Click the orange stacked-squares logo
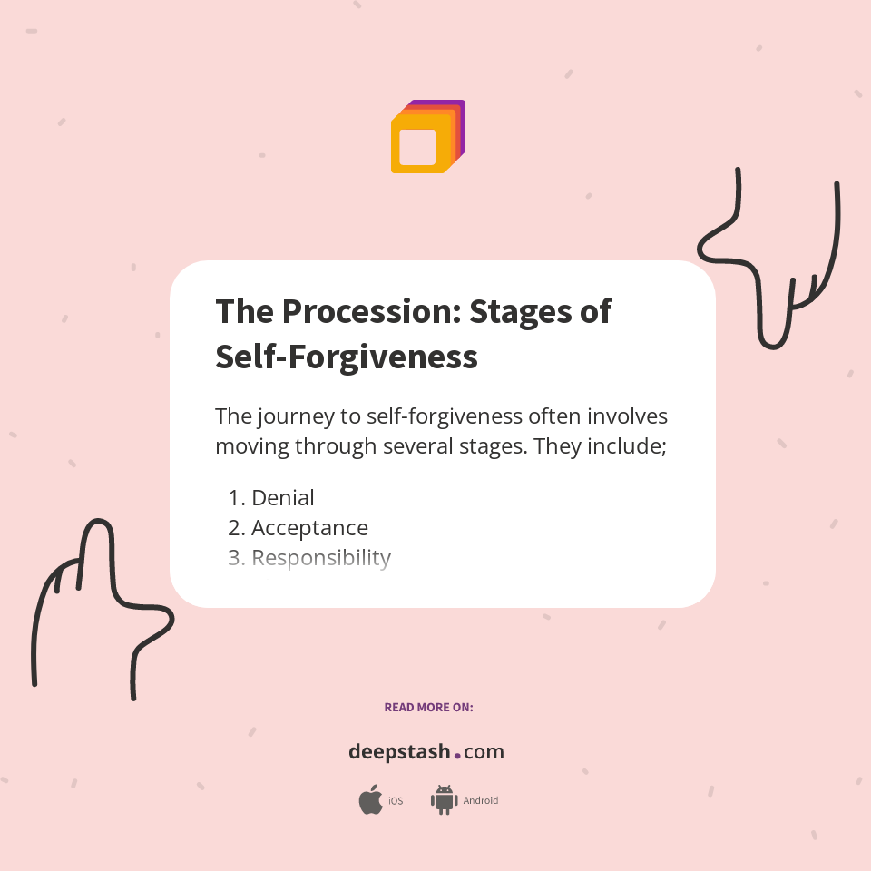tap(427, 137)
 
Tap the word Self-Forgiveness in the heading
tap(346, 357)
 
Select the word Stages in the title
tap(519, 311)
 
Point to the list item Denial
tap(282, 498)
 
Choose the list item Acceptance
tap(309, 528)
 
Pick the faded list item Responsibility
tap(320, 558)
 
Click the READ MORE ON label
tap(428, 707)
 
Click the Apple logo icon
tap(370, 800)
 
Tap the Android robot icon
tap(444, 800)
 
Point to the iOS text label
tap(396, 801)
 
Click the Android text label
tap(481, 801)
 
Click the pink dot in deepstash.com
tap(457, 755)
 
